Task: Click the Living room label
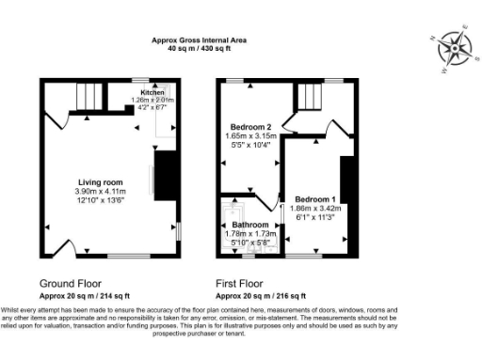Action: (x=100, y=182)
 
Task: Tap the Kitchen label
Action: (x=153, y=93)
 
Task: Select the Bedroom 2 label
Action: (x=250, y=127)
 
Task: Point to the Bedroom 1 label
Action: (x=314, y=199)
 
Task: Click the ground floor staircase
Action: (x=88, y=96)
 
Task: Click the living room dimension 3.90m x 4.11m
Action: (x=100, y=192)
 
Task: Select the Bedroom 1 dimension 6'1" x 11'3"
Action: (x=314, y=217)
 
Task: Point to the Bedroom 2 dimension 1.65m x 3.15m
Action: (x=250, y=136)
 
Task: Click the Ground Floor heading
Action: (x=71, y=283)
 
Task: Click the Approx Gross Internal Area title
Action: (x=200, y=39)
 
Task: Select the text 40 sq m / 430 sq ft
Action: (x=200, y=48)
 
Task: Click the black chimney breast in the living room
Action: (x=165, y=176)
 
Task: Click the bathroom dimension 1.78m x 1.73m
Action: (x=250, y=235)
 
